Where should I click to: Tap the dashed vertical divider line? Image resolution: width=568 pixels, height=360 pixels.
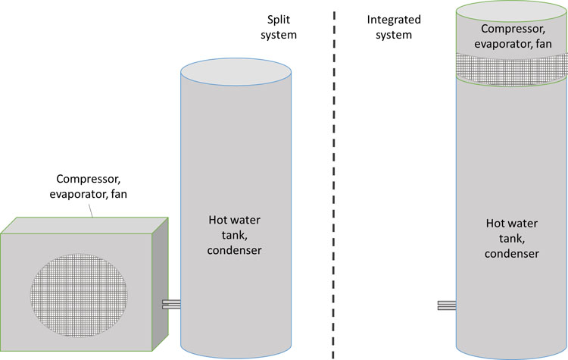pyautogui.click(x=333, y=182)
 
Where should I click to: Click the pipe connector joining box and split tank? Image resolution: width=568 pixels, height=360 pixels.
pyautogui.click(x=171, y=304)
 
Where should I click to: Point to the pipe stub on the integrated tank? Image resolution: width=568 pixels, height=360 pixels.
pyautogui.click(x=446, y=305)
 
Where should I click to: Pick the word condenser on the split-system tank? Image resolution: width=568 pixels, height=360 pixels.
pyautogui.click(x=235, y=249)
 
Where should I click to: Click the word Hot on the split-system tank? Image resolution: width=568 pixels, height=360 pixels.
pyautogui.click(x=219, y=221)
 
